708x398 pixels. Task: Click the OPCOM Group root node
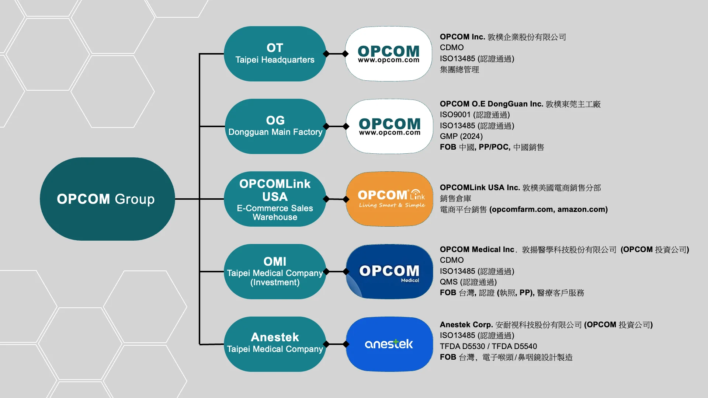[107, 199]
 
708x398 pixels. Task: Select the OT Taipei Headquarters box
[275, 54]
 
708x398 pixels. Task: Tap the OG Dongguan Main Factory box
[275, 126]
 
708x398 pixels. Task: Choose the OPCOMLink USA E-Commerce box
[275, 199]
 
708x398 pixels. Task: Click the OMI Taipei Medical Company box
[275, 272]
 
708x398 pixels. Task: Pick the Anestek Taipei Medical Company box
[275, 344]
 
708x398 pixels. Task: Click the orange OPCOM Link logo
[389, 199]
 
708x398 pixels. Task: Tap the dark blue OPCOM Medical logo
[389, 272]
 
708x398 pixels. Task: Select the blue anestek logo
[389, 344]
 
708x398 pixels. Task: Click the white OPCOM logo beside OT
[389, 54]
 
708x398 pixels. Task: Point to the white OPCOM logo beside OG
[389, 126]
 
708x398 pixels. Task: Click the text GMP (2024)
[461, 136]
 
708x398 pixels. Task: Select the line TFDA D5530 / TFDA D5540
[488, 346]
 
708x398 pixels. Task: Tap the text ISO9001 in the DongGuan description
[455, 115]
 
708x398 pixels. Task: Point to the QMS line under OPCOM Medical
[468, 282]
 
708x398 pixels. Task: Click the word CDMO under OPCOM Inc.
[452, 48]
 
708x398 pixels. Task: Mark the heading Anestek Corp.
[466, 325]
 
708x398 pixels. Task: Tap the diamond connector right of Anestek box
[346, 344]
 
